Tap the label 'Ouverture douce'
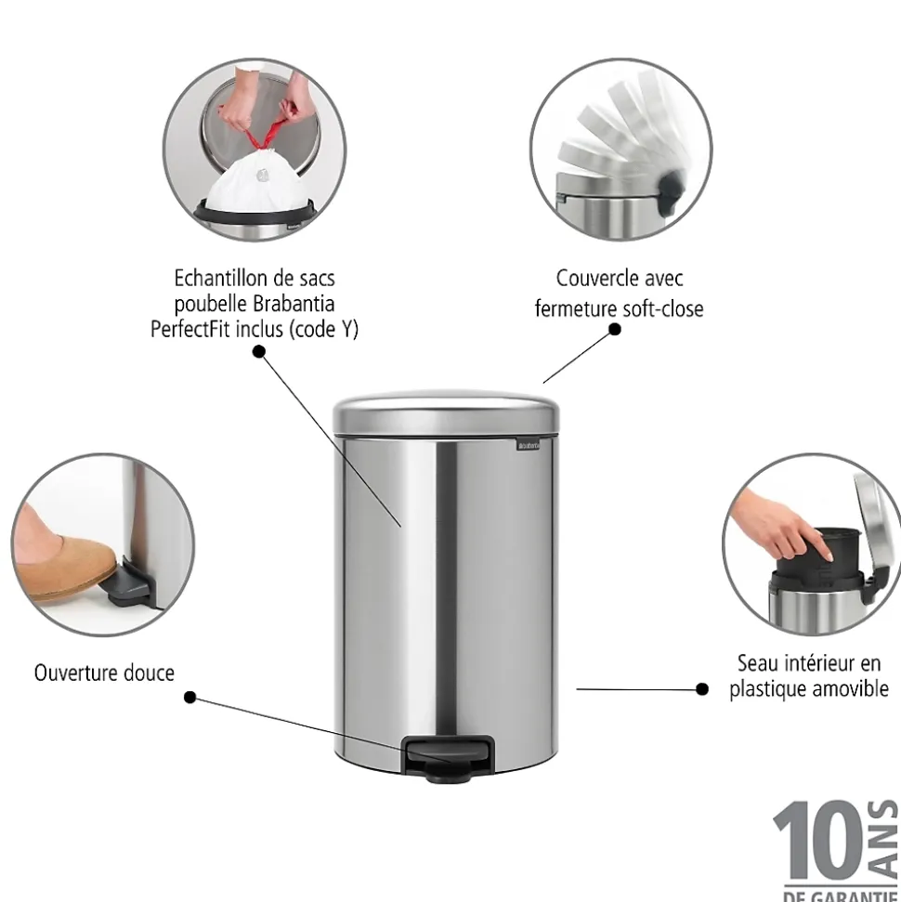coord(104,673)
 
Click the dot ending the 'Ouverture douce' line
coord(189,697)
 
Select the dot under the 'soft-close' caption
coord(614,329)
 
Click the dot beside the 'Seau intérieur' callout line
coord(702,689)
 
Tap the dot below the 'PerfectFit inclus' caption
coord(258,351)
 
